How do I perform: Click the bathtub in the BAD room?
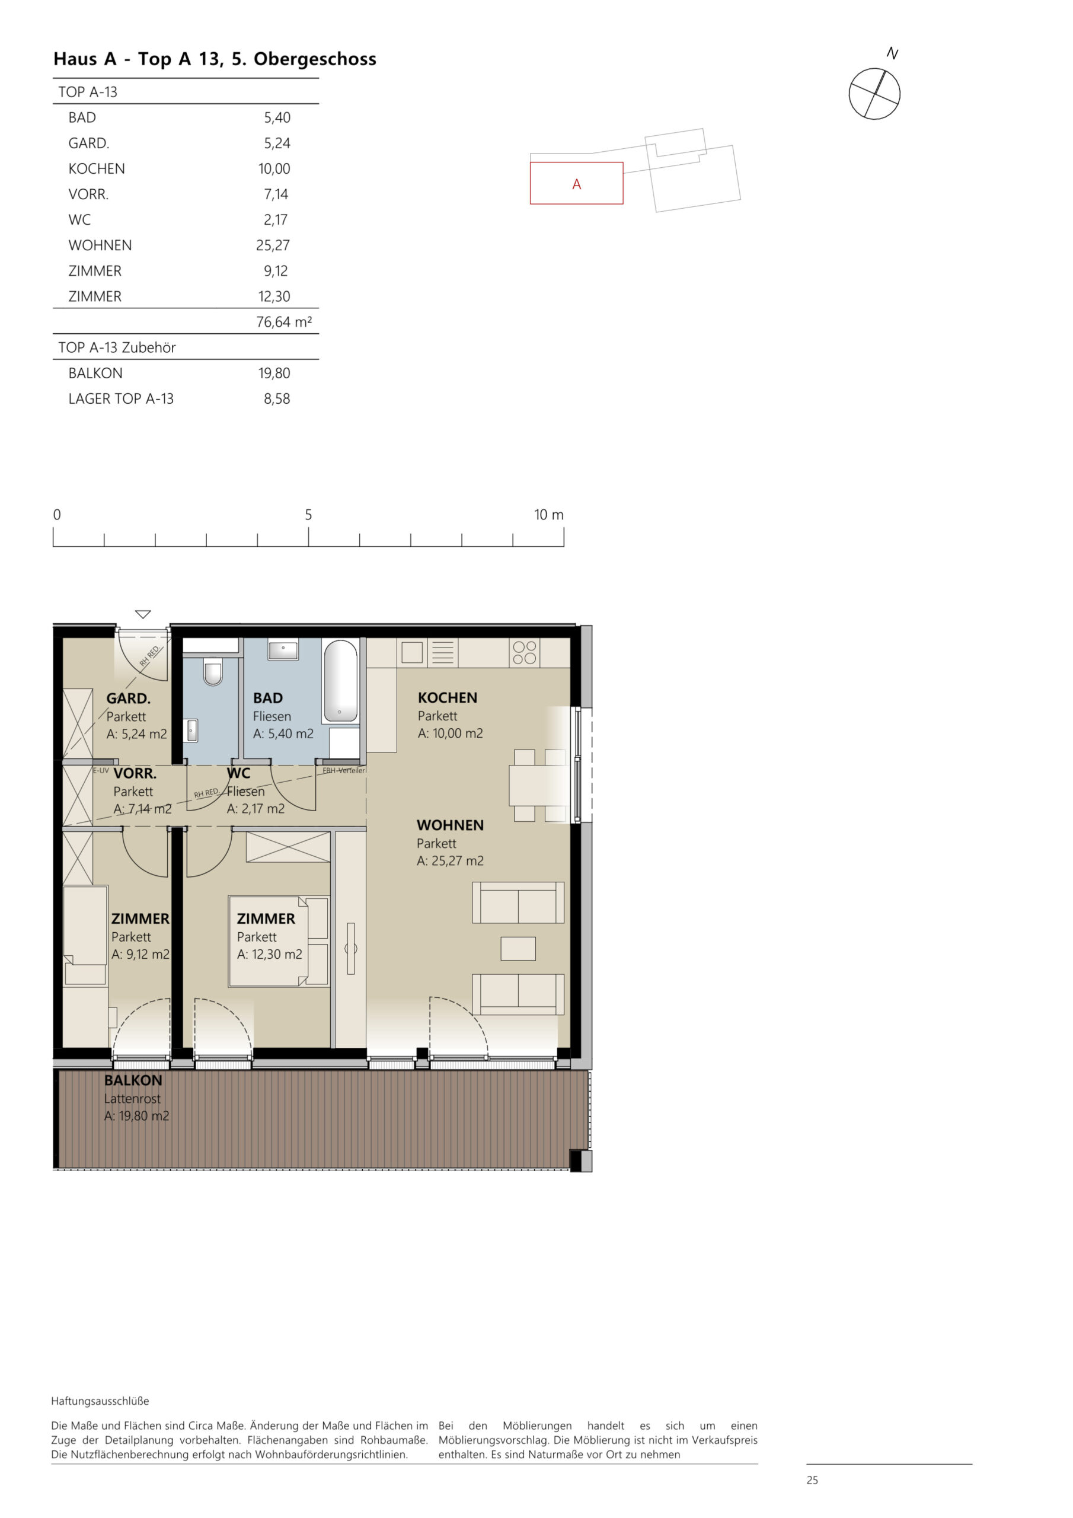(340, 681)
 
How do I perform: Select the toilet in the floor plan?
(212, 672)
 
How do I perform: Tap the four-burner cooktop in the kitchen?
(524, 652)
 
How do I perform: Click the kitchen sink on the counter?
(412, 652)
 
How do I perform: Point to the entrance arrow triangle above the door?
(143, 614)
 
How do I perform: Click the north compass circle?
(874, 94)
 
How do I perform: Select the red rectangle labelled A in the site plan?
(576, 183)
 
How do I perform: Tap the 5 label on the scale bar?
(308, 514)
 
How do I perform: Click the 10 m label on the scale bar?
(549, 514)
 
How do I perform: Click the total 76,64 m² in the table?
(283, 322)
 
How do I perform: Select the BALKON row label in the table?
(95, 373)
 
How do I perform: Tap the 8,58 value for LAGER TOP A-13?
(276, 398)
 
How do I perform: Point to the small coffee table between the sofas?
(518, 949)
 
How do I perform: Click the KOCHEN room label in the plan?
(447, 697)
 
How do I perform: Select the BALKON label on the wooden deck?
(133, 1080)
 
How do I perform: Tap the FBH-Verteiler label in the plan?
(344, 770)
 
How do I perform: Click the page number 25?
(812, 1480)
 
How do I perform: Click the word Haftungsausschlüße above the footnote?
(100, 1401)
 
